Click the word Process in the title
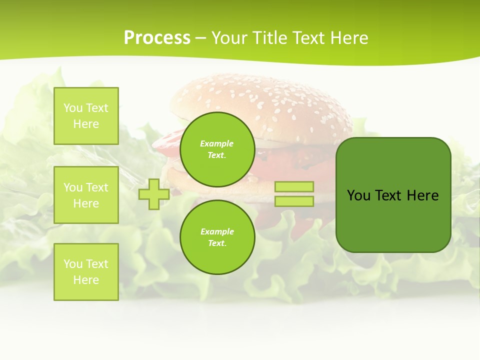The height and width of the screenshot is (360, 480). point(157,38)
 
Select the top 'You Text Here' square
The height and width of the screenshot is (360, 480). point(86,116)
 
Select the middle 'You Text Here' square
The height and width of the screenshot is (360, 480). point(86,195)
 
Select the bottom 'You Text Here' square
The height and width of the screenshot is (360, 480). point(86,272)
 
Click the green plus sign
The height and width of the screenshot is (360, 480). point(154,194)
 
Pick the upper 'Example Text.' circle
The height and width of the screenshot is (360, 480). point(217,149)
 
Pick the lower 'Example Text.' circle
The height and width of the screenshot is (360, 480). point(217,237)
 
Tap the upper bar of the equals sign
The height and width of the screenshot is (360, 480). point(294,187)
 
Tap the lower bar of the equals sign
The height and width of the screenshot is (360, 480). point(294,201)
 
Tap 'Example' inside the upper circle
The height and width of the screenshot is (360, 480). point(217,144)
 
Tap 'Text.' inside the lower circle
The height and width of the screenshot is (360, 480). point(217,243)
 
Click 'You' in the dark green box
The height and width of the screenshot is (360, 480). point(358,195)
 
